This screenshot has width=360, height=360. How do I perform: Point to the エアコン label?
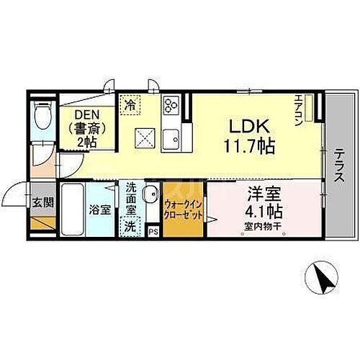coord(301,111)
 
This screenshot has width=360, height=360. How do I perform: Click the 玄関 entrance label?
coord(42,202)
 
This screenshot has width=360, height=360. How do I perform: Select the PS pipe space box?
coord(153,231)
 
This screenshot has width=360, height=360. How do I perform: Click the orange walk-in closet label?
coord(183,210)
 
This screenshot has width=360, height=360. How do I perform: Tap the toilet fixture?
coord(43,115)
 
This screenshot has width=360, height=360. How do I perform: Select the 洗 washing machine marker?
coord(130,225)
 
